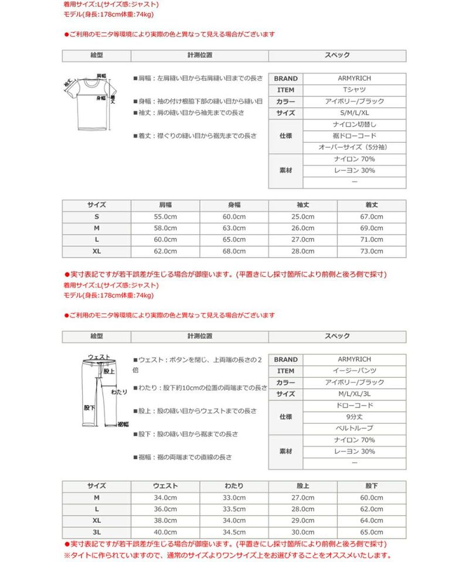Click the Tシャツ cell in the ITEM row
point(354,90)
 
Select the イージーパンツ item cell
point(354,371)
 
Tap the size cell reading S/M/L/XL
point(354,113)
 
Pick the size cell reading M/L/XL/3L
point(354,394)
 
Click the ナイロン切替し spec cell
point(354,125)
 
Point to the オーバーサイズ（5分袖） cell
point(354,148)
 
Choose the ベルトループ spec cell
point(354,429)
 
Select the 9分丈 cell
point(354,417)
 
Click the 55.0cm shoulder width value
point(165,217)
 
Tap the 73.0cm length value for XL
point(371,251)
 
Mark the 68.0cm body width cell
point(234,251)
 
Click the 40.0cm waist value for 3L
point(165,532)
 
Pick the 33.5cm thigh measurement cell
point(234,509)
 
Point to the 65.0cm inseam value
point(371,532)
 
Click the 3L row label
point(97,532)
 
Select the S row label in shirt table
point(97,217)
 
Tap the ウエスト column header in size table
point(165,486)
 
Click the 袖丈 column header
point(303,205)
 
